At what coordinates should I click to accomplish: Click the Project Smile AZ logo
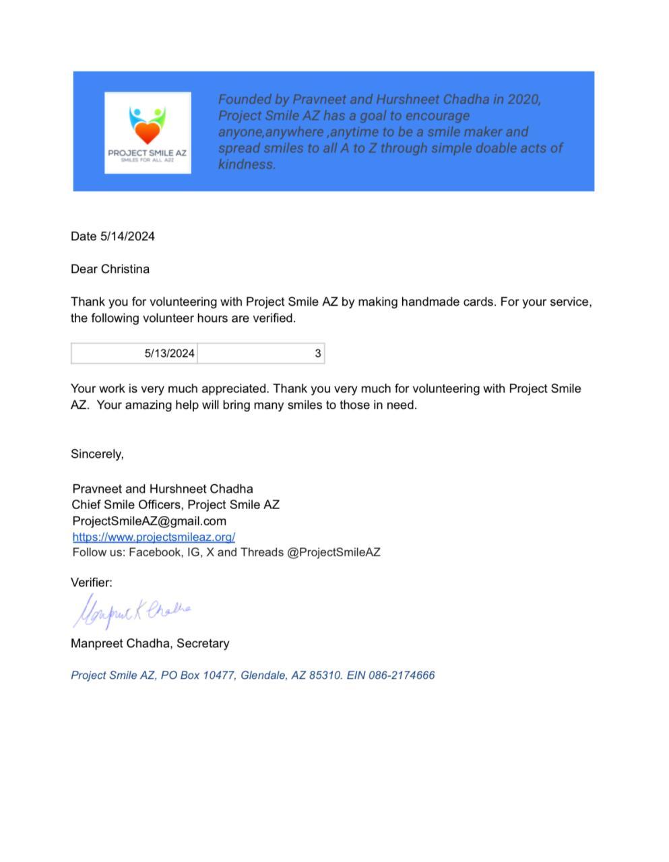(x=148, y=133)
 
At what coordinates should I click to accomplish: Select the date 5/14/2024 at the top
(x=127, y=236)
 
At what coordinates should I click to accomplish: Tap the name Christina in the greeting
(x=125, y=269)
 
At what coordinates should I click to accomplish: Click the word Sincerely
(x=97, y=455)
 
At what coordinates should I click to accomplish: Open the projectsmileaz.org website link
(x=154, y=537)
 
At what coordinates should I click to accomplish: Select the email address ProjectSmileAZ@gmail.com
(x=149, y=521)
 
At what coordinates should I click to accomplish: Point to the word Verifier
(x=91, y=583)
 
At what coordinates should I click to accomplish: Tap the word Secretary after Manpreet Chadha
(x=203, y=644)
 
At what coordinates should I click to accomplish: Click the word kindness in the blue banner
(x=246, y=164)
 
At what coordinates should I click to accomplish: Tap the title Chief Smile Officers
(x=127, y=505)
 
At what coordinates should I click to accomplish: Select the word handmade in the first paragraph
(x=427, y=302)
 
